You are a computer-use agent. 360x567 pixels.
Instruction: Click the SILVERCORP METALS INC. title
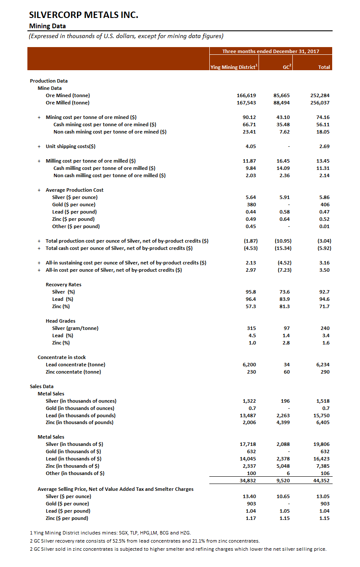83,15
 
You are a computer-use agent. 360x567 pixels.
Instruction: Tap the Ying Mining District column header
234,67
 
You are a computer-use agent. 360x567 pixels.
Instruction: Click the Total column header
324,67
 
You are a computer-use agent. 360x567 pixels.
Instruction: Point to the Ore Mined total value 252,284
320,95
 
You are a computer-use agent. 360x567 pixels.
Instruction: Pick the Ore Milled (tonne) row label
68,103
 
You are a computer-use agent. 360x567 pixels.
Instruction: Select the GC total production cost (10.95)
285,241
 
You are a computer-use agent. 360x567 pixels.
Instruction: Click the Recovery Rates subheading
63,285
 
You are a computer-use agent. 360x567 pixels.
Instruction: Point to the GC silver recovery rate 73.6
286,292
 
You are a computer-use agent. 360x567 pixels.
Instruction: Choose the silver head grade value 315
252,328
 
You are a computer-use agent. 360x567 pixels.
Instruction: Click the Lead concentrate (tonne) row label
75,365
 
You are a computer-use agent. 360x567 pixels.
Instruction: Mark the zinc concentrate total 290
324,372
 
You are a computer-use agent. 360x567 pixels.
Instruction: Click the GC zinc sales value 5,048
284,466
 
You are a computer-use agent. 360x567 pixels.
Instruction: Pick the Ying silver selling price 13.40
250,496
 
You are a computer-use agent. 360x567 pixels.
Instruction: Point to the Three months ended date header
271,51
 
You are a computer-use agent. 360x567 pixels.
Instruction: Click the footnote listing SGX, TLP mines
110,533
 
